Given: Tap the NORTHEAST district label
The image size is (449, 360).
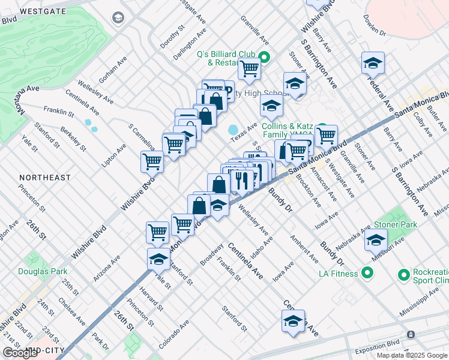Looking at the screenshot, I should coord(44,178).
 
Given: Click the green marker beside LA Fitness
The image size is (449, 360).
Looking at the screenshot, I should coord(367,274).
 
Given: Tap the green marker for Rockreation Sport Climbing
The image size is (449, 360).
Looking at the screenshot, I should coord(403,275).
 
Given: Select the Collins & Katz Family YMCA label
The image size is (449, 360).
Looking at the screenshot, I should coord(288,131).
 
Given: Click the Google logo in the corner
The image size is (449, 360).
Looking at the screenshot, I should coord(20,353).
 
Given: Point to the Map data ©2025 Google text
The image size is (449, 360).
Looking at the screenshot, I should coord(411,355).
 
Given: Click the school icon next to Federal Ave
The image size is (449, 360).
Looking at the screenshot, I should coord(373,62).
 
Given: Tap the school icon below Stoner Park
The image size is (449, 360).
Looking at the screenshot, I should coord(376,239).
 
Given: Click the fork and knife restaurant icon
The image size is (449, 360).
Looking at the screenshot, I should coord(241,180).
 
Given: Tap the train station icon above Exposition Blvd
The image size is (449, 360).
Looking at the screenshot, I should coord(411,334).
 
